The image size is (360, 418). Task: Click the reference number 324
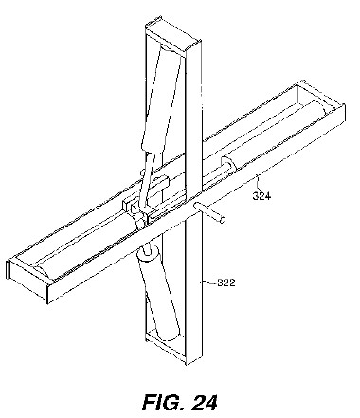click(x=261, y=196)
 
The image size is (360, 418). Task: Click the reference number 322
click(x=226, y=282)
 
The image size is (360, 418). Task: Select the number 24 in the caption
click(x=205, y=402)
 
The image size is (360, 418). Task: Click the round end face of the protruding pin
click(x=223, y=220)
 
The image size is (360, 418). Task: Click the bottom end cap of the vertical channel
click(x=165, y=348)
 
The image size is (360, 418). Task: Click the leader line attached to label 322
click(x=209, y=282)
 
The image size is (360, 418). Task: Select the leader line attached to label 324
click(x=258, y=184)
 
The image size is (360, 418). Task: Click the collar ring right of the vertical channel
click(x=228, y=163)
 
